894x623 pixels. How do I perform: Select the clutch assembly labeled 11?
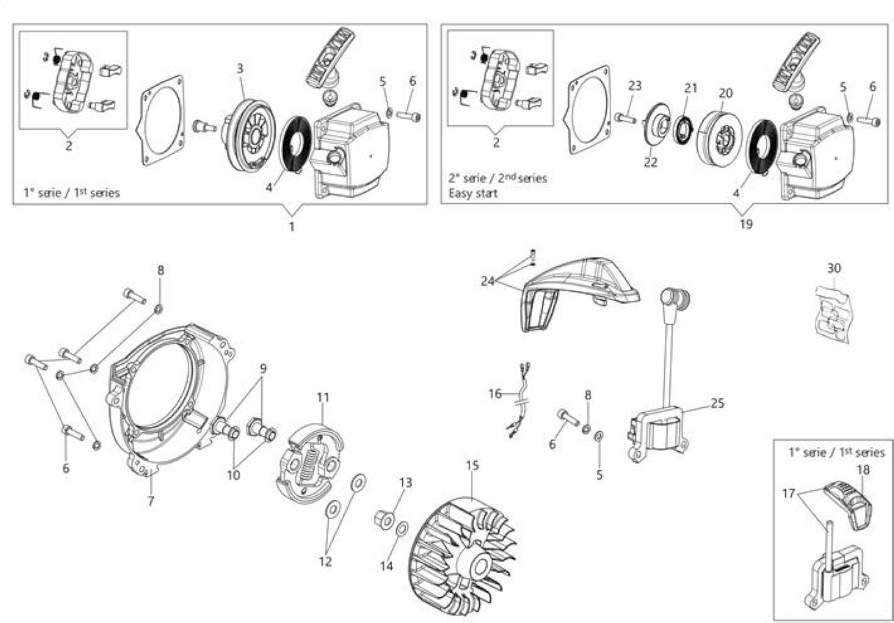pyautogui.click(x=309, y=465)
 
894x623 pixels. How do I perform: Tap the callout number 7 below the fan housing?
pyautogui.click(x=150, y=501)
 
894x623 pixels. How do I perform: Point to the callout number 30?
pyautogui.click(x=834, y=268)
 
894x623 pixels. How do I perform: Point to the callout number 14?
pyautogui.click(x=386, y=566)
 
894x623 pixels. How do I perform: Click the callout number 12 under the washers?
pyautogui.click(x=325, y=562)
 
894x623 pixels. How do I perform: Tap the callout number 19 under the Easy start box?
pyautogui.click(x=746, y=224)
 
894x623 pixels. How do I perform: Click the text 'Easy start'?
pyautogui.click(x=473, y=193)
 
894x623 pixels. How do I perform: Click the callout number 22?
pyautogui.click(x=650, y=162)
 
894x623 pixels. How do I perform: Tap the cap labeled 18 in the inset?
pyautogui.click(x=849, y=505)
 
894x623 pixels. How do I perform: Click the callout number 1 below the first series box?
pyautogui.click(x=292, y=227)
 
